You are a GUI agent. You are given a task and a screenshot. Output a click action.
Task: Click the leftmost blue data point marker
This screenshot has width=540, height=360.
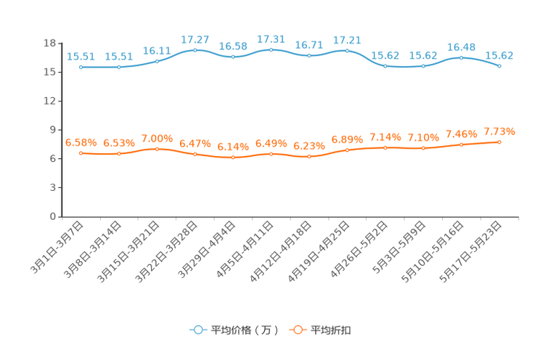click(x=81, y=67)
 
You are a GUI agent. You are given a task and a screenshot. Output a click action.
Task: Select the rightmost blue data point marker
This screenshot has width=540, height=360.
click(x=499, y=66)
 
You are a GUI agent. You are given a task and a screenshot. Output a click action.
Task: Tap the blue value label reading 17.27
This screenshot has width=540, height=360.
click(x=195, y=38)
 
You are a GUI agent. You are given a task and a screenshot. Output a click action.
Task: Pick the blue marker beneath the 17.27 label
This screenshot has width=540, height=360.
click(x=195, y=50)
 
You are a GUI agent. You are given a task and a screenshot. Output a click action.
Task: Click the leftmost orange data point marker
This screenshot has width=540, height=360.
click(x=81, y=153)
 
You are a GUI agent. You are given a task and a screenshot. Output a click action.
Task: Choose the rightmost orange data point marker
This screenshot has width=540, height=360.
click(x=499, y=142)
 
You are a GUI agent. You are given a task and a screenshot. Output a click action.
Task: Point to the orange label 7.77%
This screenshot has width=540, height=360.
click(x=499, y=131)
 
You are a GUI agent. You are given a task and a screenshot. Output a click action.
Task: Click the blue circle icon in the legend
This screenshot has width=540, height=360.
click(x=197, y=330)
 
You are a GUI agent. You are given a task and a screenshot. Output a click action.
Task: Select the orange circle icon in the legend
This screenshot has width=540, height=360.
click(x=297, y=330)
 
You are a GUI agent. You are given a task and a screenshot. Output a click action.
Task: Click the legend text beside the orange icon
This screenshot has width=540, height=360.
click(x=332, y=330)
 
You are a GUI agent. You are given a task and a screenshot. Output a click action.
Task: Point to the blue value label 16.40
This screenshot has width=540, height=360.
click(x=461, y=46)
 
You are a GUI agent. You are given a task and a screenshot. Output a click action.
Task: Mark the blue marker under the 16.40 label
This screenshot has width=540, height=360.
click(x=461, y=57)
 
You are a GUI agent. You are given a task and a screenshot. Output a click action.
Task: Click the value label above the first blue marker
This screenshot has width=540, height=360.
click(x=81, y=56)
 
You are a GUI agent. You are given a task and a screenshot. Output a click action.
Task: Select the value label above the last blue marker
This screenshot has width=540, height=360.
click(x=499, y=55)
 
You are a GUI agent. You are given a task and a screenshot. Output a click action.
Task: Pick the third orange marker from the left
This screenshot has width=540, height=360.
click(x=157, y=149)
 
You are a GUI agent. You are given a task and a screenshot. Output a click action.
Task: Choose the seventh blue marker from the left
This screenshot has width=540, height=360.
click(x=309, y=55)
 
